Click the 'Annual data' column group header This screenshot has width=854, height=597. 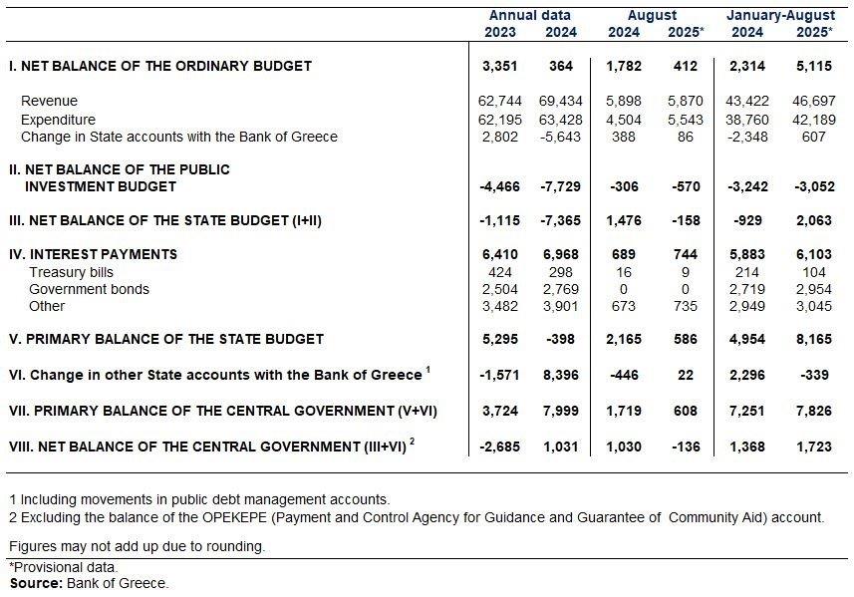tap(529, 15)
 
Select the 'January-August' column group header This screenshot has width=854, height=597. tap(780, 15)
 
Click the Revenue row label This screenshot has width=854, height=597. tap(49, 101)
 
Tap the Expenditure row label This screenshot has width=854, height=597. tap(58, 120)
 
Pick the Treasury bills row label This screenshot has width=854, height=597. tap(71, 272)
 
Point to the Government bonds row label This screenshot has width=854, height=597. tap(89, 289)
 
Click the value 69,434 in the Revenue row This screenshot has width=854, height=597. tap(560, 101)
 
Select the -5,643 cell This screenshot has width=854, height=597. tap(560, 137)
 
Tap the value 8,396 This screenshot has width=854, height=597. tap(560, 375)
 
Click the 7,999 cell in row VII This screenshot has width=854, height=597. tap(560, 411)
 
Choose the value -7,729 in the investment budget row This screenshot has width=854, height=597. tap(560, 186)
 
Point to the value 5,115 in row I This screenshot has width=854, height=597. tap(814, 66)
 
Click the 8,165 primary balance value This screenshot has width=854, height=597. tap(814, 339)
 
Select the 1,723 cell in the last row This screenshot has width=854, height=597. tap(814, 447)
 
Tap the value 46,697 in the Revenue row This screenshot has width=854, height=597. tap(814, 101)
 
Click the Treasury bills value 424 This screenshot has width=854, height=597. tap(500, 272)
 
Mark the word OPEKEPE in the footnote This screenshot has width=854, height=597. tap(235, 517)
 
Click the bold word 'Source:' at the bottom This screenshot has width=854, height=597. tap(37, 583)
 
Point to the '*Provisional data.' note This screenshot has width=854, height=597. tap(64, 567)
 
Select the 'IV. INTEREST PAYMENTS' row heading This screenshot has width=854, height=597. tap(93, 254)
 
